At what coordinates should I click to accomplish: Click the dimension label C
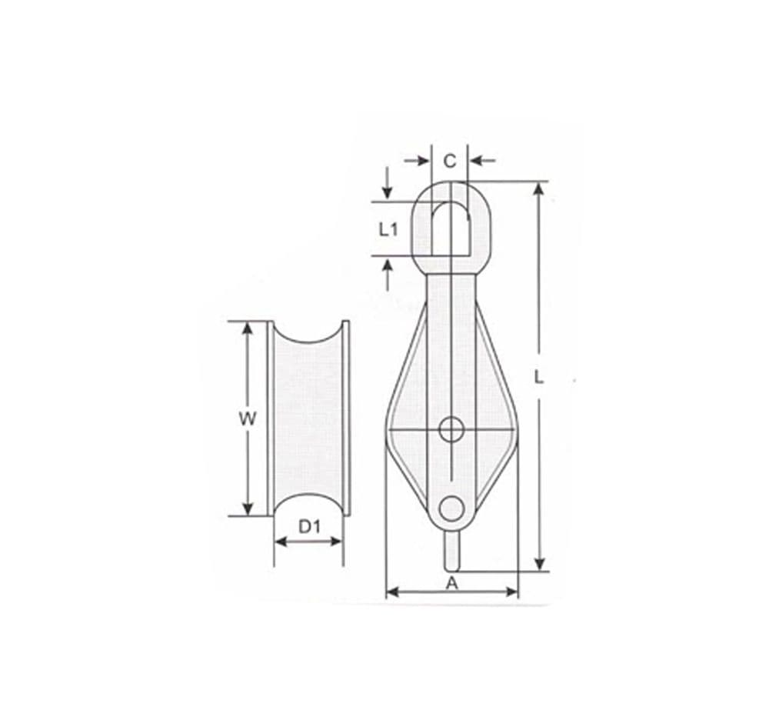450,161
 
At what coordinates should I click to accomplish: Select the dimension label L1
388,228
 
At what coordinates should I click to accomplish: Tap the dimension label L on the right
540,377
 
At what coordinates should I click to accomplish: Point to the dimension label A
452,582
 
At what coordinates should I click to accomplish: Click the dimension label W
247,419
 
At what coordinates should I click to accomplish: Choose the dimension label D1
308,527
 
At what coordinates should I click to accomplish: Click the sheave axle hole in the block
451,429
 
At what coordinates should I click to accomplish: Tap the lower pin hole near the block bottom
451,508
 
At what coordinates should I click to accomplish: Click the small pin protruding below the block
452,551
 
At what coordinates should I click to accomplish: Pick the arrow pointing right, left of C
420,161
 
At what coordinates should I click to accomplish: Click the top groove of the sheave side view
308,338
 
